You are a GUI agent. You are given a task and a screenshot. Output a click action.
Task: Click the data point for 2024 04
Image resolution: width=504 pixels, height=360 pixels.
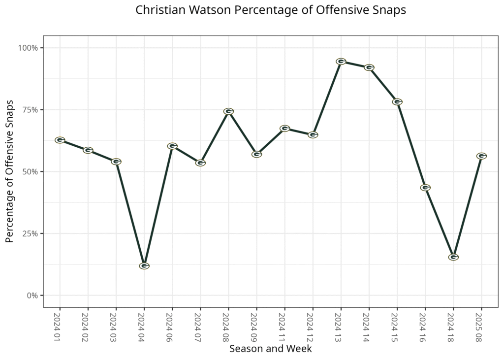144,266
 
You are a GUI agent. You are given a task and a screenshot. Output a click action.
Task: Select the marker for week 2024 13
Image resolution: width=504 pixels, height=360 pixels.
341,62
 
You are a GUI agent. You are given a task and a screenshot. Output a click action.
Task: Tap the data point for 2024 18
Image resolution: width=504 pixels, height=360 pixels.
454,257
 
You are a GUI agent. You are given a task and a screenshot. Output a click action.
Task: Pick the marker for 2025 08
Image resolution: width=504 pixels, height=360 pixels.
482,156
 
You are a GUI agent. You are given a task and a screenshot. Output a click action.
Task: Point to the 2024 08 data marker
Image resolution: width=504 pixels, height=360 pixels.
228,111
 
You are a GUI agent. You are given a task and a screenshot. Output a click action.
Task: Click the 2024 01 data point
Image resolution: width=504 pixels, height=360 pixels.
60,140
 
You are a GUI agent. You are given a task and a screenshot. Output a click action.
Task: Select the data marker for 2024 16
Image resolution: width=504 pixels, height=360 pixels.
426,188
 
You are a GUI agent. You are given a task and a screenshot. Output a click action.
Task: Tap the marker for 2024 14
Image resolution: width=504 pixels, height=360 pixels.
369,67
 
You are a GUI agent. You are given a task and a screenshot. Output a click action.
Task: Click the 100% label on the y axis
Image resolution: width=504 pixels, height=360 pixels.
29,48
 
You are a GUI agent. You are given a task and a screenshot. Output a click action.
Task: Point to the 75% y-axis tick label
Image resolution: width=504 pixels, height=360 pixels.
31,110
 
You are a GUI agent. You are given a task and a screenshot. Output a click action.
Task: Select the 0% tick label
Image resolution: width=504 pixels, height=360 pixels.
32,295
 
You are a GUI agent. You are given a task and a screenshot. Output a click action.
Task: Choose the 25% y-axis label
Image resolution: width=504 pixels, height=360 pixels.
31,233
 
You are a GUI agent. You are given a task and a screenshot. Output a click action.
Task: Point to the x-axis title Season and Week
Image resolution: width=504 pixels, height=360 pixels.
270,349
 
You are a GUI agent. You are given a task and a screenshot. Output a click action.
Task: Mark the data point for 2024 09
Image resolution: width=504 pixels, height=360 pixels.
256,154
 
